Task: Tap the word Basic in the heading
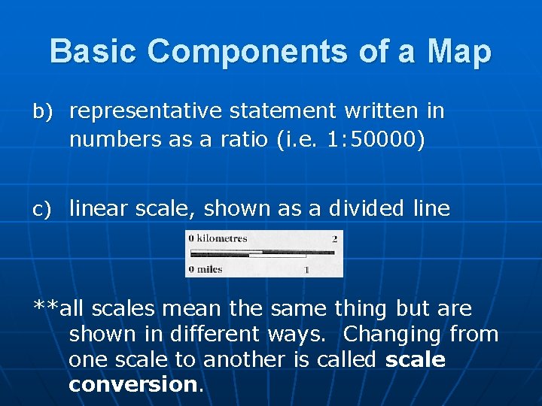tap(94, 51)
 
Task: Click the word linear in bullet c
tap(96, 208)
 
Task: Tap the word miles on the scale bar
tap(209, 268)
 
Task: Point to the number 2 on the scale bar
tap(334, 238)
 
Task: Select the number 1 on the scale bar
tap(306, 268)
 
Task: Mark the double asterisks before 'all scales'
tap(45, 308)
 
